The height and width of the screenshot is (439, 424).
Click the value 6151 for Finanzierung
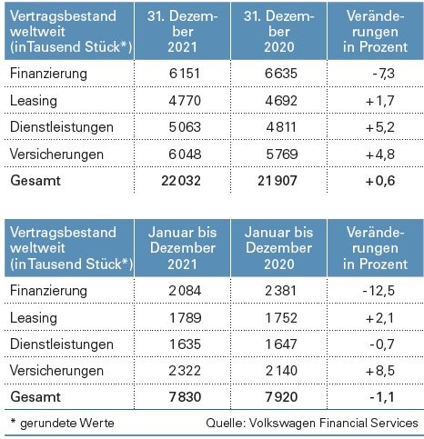coord(185,74)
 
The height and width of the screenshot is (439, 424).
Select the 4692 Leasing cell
coord(281,101)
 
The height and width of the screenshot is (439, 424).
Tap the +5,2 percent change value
coord(380,127)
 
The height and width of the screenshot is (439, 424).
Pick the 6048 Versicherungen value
coord(185,154)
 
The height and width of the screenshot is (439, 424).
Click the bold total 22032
coord(181,181)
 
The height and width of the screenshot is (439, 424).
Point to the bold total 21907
coord(278,181)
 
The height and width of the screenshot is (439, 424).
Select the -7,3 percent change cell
coord(383,74)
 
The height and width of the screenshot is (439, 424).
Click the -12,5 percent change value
coord(379,291)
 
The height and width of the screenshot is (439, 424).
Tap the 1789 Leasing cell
coord(185,318)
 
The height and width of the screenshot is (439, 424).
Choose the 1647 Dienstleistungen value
coord(281,344)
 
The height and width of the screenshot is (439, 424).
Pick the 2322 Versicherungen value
coord(185,371)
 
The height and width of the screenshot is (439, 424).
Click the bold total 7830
coord(185,397)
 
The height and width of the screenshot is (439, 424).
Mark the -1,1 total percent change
coord(382,397)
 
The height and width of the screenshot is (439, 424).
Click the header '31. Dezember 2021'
coord(183,32)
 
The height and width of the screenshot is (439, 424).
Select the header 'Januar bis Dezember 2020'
coord(278,248)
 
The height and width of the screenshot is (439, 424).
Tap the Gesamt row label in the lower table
coord(35,397)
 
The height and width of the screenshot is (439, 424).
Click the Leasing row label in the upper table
coord(34,101)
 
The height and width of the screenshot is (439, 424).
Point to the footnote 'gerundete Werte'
coord(67,423)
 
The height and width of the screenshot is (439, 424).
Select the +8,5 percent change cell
coord(380,371)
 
